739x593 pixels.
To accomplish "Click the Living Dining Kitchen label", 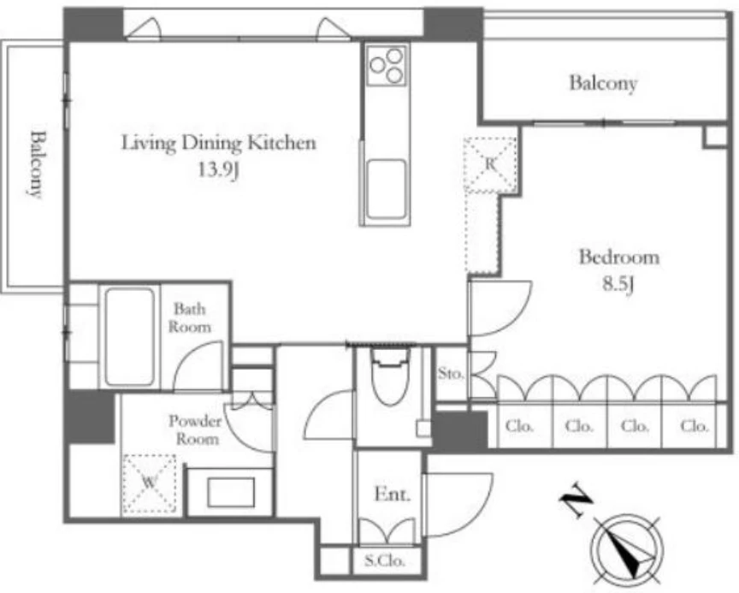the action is pyautogui.click(x=219, y=142).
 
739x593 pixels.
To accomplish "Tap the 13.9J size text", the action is pyautogui.click(x=219, y=169).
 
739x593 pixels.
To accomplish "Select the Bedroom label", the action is pyautogui.click(x=618, y=257).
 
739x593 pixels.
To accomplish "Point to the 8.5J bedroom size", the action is pyautogui.click(x=618, y=284).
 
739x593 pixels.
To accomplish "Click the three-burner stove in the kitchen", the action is pyautogui.click(x=387, y=65).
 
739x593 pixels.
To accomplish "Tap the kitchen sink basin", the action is pyautogui.click(x=387, y=189).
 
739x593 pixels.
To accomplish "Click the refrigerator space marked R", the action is pyautogui.click(x=490, y=164).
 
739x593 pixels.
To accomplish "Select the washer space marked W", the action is pyautogui.click(x=149, y=483).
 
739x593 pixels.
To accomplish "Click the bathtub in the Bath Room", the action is pyautogui.click(x=130, y=336).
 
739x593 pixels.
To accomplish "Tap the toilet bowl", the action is pyautogui.click(x=391, y=377).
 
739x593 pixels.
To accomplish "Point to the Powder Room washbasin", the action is pyautogui.click(x=231, y=493).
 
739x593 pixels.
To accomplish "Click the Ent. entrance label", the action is pyautogui.click(x=392, y=494).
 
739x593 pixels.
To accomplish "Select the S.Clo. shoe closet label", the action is pyautogui.click(x=385, y=561).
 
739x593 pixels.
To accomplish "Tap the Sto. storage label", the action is pyautogui.click(x=451, y=373).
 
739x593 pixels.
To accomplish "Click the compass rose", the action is pyautogui.click(x=627, y=549).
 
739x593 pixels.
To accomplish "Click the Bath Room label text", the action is pyautogui.click(x=190, y=317).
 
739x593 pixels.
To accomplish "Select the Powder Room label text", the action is pyautogui.click(x=195, y=430).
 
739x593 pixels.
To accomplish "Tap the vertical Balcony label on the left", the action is pyautogui.click(x=37, y=164).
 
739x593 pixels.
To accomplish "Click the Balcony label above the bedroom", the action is pyautogui.click(x=603, y=83).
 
